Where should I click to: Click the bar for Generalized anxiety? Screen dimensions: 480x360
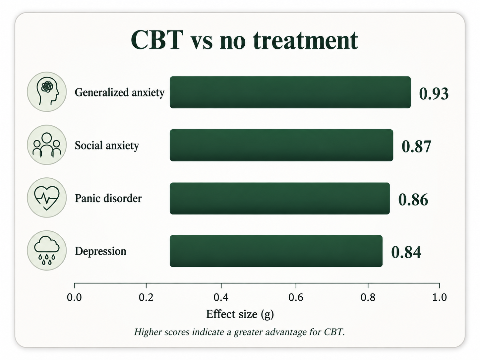(x=290, y=92)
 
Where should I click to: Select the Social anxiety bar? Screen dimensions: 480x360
(x=281, y=145)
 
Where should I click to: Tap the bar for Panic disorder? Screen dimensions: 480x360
(x=280, y=198)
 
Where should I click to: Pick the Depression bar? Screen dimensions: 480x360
(x=276, y=251)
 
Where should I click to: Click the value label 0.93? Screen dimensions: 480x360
(x=434, y=94)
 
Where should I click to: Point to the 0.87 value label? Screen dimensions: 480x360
(x=416, y=146)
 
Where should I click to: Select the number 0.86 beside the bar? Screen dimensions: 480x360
(x=413, y=200)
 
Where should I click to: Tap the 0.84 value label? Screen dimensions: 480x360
(x=406, y=252)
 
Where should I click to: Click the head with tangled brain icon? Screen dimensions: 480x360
(x=47, y=92)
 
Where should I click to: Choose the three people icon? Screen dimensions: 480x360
(x=47, y=145)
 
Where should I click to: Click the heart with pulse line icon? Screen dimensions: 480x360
(x=47, y=198)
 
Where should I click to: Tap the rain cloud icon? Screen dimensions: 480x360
(x=47, y=251)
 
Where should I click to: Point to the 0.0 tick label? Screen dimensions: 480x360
(x=74, y=297)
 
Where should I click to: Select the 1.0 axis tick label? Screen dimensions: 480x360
(x=440, y=297)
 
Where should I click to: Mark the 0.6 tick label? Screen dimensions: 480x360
(x=296, y=297)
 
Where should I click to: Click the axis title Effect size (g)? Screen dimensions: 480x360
(x=240, y=315)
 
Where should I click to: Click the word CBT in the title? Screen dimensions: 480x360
(x=157, y=40)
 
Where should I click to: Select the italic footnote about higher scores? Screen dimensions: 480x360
(x=239, y=332)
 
